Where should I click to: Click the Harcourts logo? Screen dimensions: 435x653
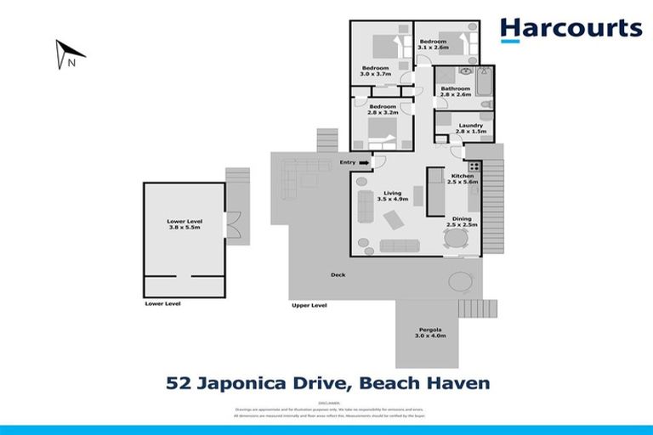(x=571, y=30)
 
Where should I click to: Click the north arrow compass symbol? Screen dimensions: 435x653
(x=69, y=54)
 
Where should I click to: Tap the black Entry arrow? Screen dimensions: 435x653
(x=364, y=162)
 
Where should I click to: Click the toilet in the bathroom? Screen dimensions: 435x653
(x=485, y=105)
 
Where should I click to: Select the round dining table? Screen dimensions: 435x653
(x=456, y=240)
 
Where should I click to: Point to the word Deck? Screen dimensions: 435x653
(x=338, y=274)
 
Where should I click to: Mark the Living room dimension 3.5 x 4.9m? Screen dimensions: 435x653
(x=392, y=199)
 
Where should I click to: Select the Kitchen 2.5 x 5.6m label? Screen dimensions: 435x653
(x=464, y=178)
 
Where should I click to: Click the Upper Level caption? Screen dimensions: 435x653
(x=309, y=304)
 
